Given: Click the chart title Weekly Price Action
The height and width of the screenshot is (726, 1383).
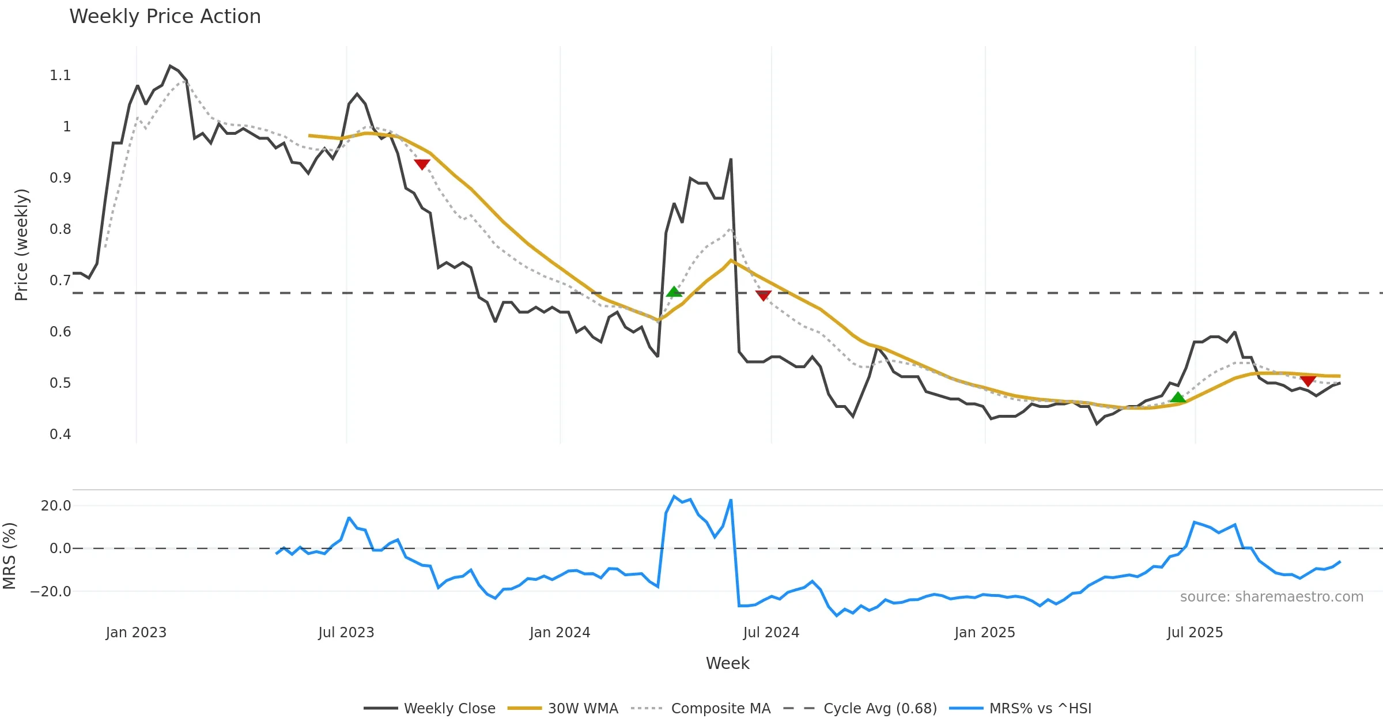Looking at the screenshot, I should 165,17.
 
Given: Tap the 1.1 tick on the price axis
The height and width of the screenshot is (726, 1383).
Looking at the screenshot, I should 60,75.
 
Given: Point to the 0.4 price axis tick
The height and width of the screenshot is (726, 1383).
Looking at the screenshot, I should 60,434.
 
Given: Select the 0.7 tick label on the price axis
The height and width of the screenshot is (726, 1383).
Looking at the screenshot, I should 60,281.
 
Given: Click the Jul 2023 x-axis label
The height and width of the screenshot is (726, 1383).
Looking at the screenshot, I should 346,633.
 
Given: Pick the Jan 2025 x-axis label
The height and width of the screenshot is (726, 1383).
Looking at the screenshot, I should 984,633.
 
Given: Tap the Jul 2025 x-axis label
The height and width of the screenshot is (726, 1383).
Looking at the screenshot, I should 1195,633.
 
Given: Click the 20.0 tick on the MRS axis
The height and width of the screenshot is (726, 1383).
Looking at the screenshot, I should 56,506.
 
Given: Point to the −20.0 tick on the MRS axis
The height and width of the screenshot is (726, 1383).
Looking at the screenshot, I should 51,592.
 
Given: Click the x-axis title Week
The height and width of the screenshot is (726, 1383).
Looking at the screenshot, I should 727,664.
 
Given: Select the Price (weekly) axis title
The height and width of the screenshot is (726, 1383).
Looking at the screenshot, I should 21,245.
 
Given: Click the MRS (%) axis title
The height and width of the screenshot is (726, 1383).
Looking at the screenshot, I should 10,556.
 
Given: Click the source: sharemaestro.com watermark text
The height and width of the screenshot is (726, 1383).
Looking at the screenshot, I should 1271,597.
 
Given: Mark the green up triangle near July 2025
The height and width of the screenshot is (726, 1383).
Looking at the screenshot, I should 1178,398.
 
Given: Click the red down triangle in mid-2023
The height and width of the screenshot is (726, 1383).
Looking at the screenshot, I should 422,164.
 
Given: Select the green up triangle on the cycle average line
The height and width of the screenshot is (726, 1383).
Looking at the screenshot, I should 674,292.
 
